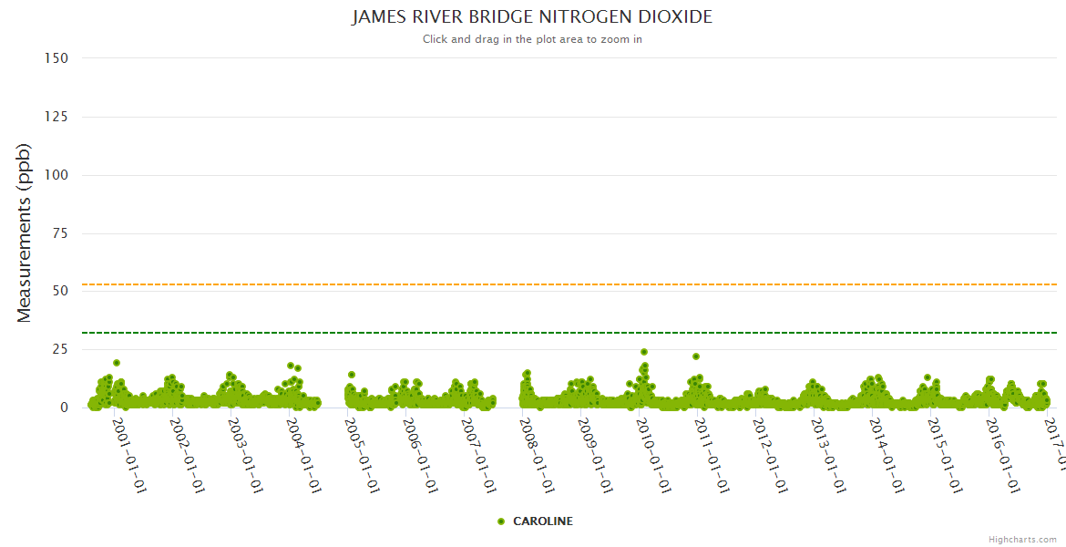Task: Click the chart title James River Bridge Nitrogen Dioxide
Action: pyautogui.click(x=532, y=17)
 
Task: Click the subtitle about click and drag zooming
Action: pyautogui.click(x=532, y=39)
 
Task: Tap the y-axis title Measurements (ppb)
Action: pyautogui.click(x=25, y=232)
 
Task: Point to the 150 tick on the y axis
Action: pyautogui.click(x=56, y=58)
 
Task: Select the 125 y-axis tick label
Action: pyautogui.click(x=56, y=117)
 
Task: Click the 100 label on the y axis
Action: pyautogui.click(x=56, y=175)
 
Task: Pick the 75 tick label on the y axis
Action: pyautogui.click(x=59, y=233)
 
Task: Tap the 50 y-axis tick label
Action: pyautogui.click(x=59, y=292)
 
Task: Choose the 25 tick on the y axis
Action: pyautogui.click(x=59, y=350)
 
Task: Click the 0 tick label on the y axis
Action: pyautogui.click(x=64, y=408)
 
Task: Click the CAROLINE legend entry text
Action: pyautogui.click(x=543, y=521)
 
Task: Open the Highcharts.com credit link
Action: pyautogui.click(x=1022, y=539)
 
